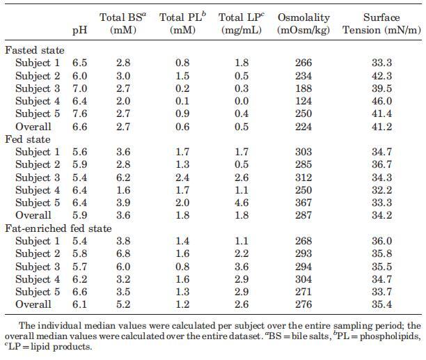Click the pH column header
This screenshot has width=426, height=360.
(x=79, y=31)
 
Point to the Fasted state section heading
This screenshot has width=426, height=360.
(x=35, y=51)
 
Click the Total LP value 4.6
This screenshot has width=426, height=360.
(x=237, y=203)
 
